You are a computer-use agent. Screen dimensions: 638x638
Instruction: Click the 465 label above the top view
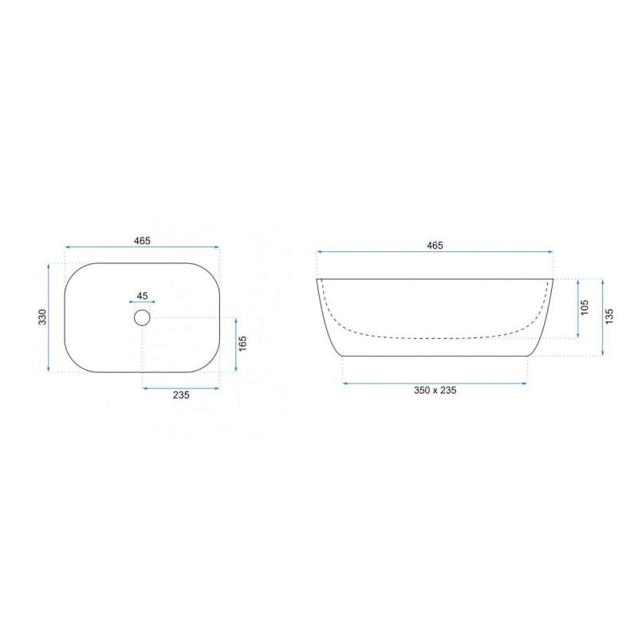[142, 241]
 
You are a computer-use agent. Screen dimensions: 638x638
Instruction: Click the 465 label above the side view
[435, 246]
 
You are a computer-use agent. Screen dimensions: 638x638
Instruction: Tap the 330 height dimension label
[42, 317]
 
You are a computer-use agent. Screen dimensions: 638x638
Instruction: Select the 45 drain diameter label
[142, 296]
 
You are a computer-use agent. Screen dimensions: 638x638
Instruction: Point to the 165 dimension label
[242, 344]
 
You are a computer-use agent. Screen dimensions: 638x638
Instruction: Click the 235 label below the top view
[181, 395]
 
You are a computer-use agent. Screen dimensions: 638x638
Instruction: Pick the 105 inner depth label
[585, 308]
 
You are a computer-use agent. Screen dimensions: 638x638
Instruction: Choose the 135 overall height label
[609, 317]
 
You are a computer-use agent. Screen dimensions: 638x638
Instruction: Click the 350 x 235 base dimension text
[435, 390]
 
